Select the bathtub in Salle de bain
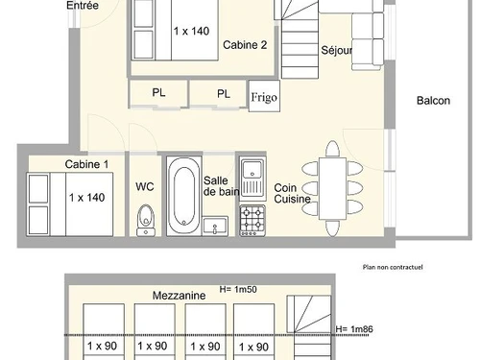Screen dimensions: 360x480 click(x=183, y=199)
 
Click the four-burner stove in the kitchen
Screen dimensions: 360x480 click(x=252, y=219)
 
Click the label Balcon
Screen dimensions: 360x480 click(x=434, y=101)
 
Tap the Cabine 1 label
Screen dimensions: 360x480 click(x=86, y=164)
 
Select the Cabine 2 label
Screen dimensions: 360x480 click(x=245, y=45)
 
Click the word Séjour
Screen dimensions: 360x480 click(x=336, y=51)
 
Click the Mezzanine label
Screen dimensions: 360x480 click(x=180, y=297)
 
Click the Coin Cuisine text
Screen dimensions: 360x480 click(x=292, y=194)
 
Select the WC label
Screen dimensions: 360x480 click(x=144, y=186)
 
